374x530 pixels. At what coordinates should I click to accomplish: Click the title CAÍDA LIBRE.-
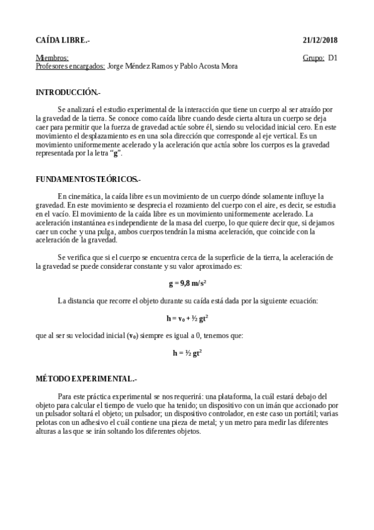(x=62, y=40)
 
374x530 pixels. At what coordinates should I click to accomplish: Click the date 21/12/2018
(x=320, y=40)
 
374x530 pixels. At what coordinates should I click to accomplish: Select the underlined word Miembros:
(x=52, y=58)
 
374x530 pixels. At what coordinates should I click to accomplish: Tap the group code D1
(x=333, y=58)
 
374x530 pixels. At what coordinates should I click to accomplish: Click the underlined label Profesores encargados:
(x=70, y=66)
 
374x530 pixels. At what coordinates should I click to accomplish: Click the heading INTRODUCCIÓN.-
(x=68, y=92)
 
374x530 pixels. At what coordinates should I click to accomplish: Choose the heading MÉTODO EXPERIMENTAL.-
(x=86, y=379)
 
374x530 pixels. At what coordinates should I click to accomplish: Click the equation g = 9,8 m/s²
(x=187, y=283)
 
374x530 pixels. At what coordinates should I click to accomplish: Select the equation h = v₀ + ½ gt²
(x=187, y=318)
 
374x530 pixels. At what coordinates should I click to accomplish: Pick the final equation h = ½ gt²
(x=187, y=353)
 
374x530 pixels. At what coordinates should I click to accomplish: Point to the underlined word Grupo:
(x=313, y=58)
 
